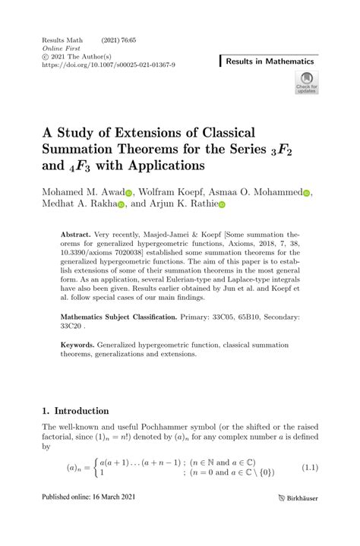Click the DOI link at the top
(109, 65)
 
